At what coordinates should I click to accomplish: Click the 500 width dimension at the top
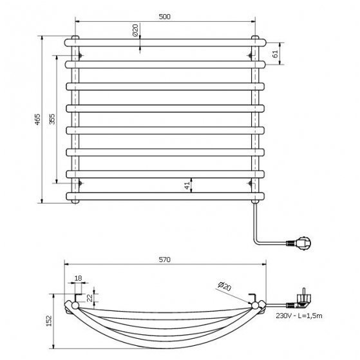tap(165, 17)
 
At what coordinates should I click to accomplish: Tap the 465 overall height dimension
tap(37, 119)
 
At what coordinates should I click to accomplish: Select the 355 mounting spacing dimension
tap(52, 119)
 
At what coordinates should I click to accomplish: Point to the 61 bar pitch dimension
tap(276, 53)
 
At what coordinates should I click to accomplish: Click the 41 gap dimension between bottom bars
tap(187, 185)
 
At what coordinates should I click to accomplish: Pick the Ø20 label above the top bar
tap(135, 30)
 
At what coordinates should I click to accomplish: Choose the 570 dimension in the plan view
tap(165, 260)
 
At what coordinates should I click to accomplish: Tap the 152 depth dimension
tap(49, 321)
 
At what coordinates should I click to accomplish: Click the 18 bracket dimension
tap(79, 278)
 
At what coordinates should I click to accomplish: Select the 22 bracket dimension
tap(90, 298)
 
